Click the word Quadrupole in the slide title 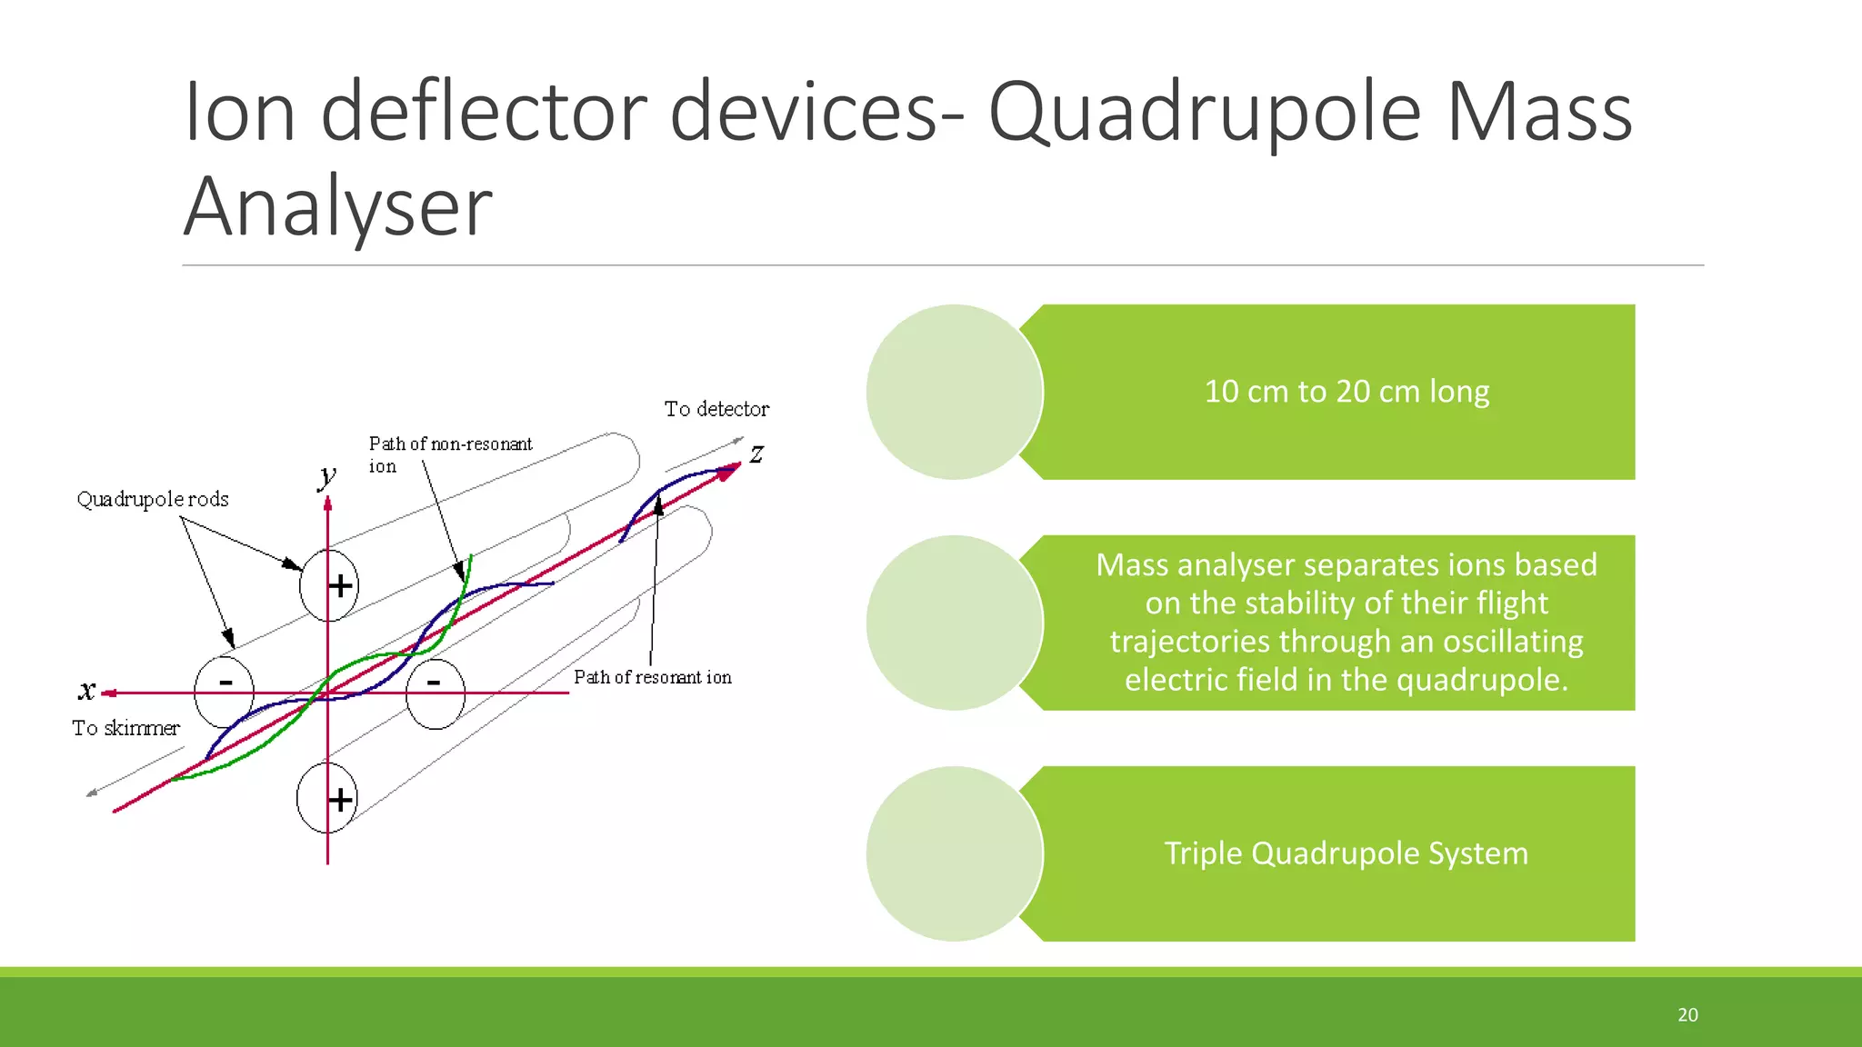point(1205,114)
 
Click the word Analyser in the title point(337,208)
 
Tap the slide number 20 point(1687,1014)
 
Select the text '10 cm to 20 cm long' point(1346,392)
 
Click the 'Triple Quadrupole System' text point(1346,853)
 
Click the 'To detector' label point(716,409)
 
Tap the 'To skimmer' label point(125,728)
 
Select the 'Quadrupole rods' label point(153,499)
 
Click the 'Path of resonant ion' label point(652,677)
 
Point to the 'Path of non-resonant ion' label point(449,454)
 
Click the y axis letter point(327,475)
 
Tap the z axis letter point(756,453)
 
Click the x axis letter point(86,691)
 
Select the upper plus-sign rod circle point(329,585)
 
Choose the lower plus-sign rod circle point(326,799)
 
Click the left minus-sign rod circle point(224,692)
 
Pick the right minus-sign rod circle point(435,693)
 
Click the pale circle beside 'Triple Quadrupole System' point(954,853)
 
